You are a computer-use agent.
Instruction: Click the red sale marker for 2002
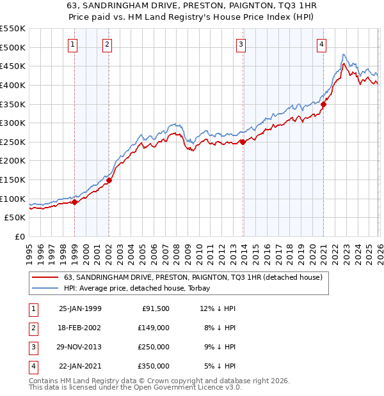coord(109,180)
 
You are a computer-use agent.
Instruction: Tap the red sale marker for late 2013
coord(243,142)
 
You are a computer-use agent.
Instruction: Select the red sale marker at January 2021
coord(324,105)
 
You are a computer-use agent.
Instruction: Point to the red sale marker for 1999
coord(75,202)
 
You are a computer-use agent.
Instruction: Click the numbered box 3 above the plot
coord(241,45)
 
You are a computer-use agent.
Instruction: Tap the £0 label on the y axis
coord(19,236)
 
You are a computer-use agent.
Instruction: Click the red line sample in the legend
coord(45,277)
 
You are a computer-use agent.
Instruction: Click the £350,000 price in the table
coord(154,366)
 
